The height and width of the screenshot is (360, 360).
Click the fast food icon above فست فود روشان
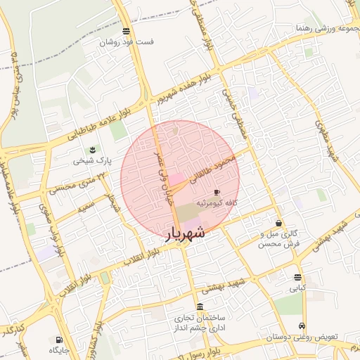click(126, 31)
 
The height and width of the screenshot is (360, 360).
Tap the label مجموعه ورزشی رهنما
click(326, 28)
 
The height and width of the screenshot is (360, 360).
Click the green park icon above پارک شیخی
click(92, 150)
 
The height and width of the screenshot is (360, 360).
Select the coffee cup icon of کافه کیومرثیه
click(217, 192)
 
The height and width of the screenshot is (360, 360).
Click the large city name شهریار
click(185, 234)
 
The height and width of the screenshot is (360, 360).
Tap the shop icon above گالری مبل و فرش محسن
click(279, 223)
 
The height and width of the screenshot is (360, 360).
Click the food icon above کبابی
click(297, 277)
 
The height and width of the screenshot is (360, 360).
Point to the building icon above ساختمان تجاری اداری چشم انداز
click(200, 307)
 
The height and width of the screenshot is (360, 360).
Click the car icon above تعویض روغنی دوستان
click(302, 326)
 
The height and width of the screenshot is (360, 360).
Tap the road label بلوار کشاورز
click(99, 342)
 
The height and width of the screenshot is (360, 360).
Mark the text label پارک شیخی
click(92, 161)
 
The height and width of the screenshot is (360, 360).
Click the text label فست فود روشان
click(126, 42)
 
